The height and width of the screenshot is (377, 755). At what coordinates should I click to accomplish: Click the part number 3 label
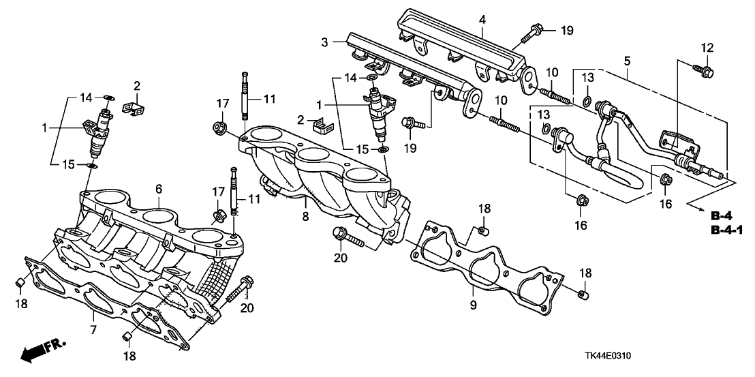pos(325,42)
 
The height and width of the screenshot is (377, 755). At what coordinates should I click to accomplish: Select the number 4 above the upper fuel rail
pos(482,20)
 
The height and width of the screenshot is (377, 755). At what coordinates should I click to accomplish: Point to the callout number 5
pos(627,61)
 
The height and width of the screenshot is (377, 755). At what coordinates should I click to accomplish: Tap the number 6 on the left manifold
pos(158,190)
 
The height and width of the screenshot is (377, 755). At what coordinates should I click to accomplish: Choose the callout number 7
pos(93,330)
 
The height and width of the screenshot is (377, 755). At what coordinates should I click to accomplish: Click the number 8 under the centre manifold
pos(305,217)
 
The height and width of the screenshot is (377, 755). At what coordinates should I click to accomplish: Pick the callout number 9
pos(473,305)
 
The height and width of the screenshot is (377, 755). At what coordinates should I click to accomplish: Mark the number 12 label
pos(707,48)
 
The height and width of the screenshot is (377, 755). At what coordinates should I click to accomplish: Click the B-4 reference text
pos(722,215)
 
